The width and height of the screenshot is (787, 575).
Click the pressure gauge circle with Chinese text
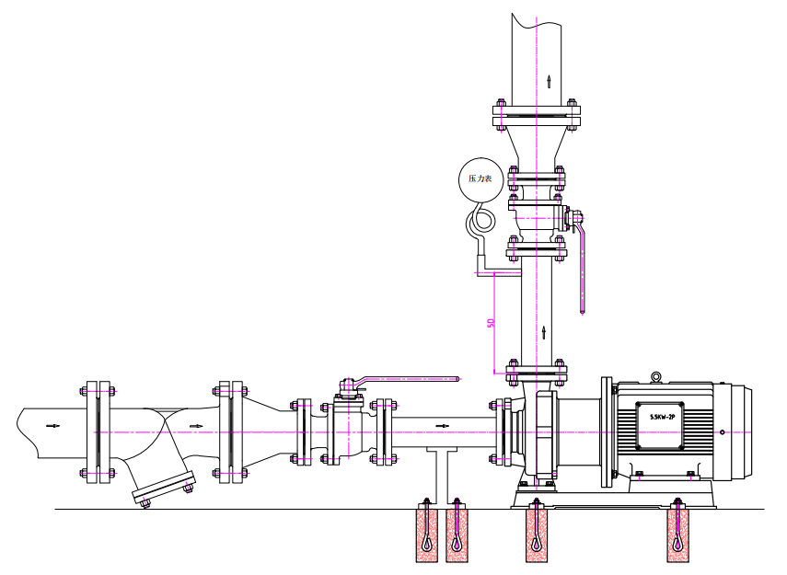(x=480, y=179)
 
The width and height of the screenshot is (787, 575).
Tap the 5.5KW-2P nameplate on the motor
(x=660, y=424)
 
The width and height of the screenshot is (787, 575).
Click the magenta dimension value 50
(x=492, y=323)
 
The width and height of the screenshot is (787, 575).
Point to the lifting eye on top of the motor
(x=656, y=377)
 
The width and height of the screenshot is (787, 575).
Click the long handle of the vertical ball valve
(x=582, y=267)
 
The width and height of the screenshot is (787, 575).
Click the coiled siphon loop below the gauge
(x=480, y=222)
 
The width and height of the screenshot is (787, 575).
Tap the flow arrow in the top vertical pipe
(x=549, y=81)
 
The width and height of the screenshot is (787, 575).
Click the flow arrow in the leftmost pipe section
(x=52, y=426)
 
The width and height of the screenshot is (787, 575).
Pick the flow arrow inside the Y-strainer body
(x=197, y=426)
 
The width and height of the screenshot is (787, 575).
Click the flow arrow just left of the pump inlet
(x=442, y=426)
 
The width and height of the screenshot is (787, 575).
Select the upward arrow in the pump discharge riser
(x=544, y=332)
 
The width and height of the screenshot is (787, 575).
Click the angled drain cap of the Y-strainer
(x=164, y=488)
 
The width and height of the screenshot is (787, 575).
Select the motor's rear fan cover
(x=739, y=432)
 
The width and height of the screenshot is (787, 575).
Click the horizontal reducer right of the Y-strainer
(x=270, y=427)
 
